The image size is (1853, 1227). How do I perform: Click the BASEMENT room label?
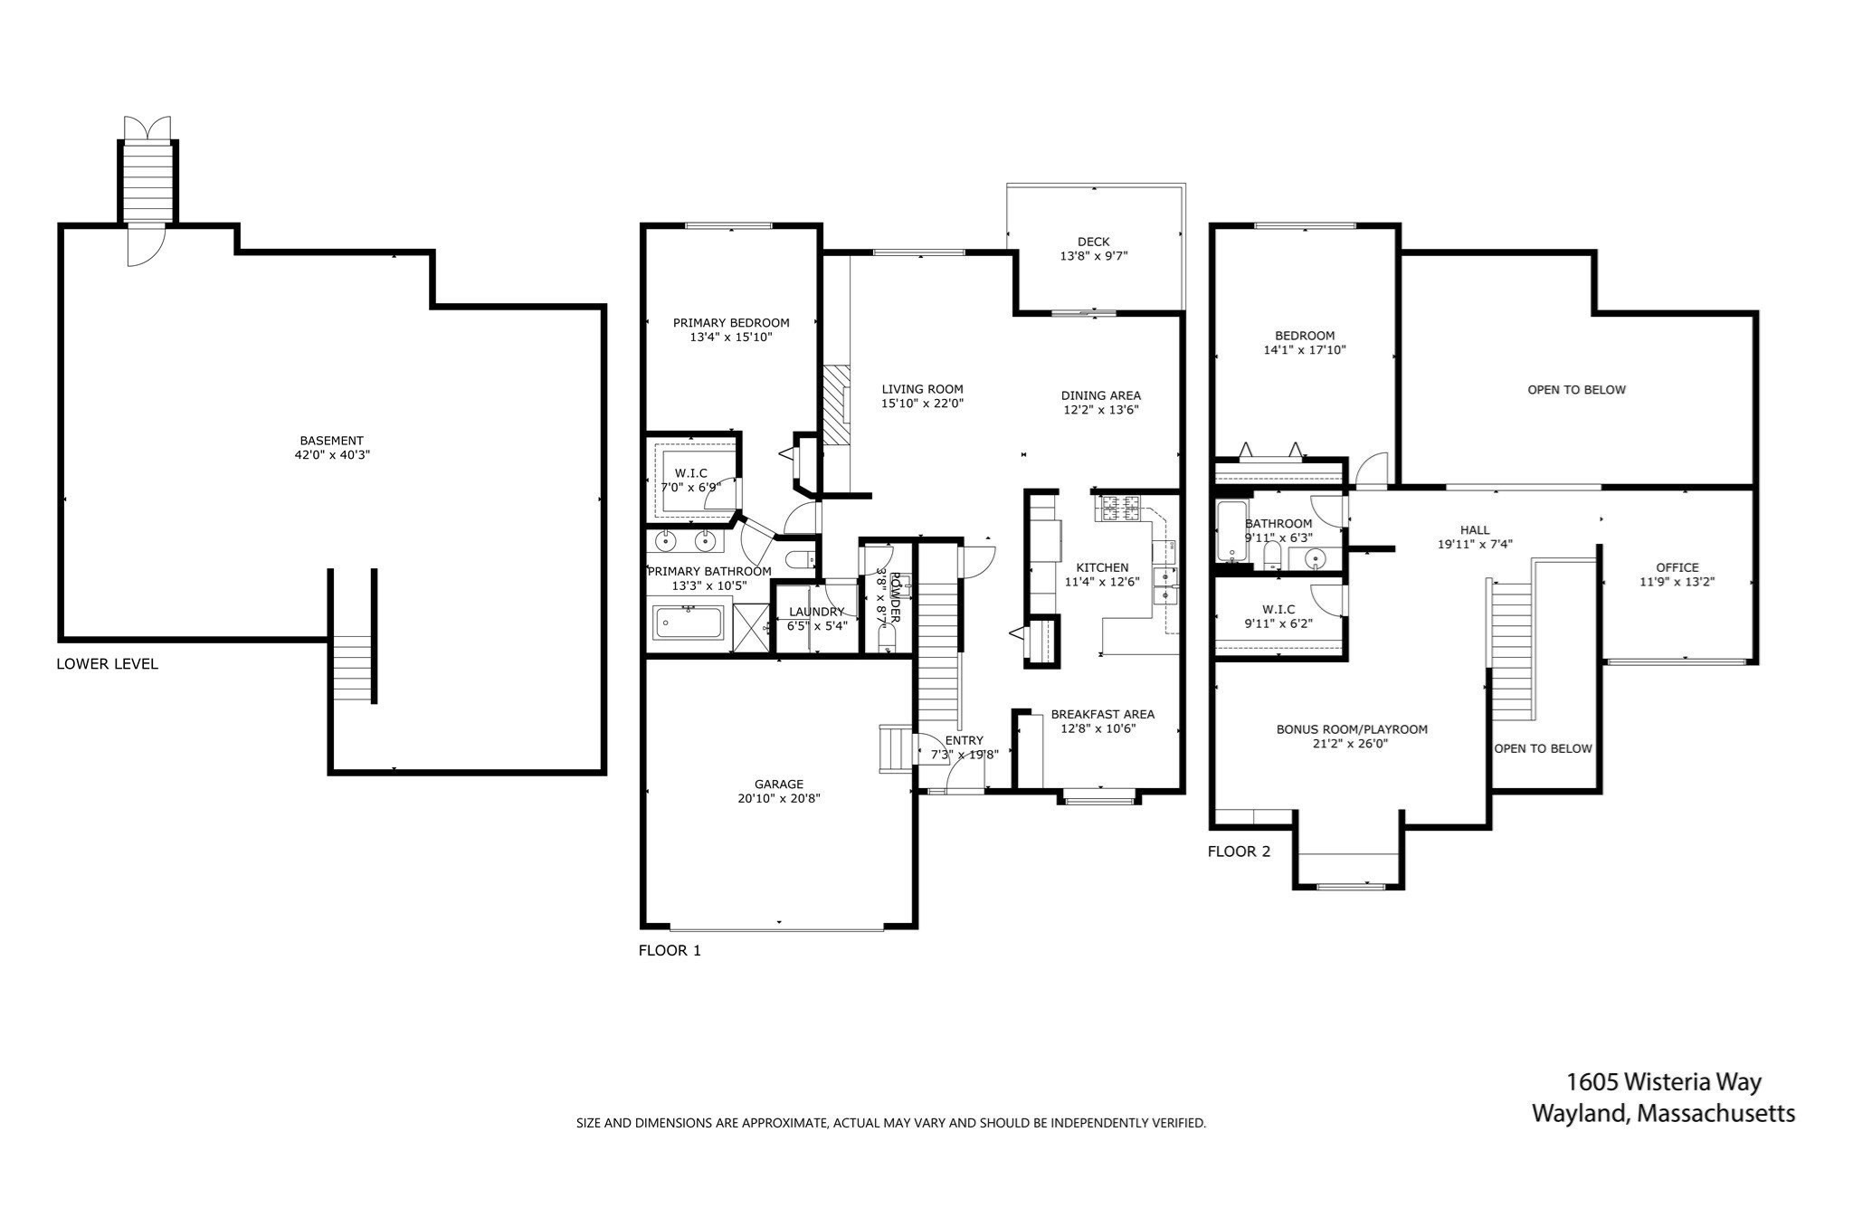(x=331, y=441)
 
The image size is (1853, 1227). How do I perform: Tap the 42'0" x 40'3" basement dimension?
(x=332, y=455)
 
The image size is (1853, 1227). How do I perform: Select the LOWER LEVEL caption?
(x=107, y=663)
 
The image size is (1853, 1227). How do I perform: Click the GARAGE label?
(x=778, y=784)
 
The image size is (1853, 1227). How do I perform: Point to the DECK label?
(x=1093, y=242)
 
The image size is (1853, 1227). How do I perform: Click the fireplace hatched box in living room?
(x=837, y=404)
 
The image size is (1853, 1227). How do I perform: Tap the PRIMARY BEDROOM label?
(x=730, y=322)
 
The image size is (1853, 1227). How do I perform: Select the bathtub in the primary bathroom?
(x=689, y=623)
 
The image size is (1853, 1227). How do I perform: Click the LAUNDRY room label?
(x=815, y=612)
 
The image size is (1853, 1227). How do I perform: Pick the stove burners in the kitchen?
(x=1119, y=509)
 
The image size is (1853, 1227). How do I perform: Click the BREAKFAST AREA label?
(x=1102, y=714)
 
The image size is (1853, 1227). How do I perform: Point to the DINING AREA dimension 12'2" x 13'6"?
(x=1100, y=409)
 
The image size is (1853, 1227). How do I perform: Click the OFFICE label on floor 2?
(x=1677, y=567)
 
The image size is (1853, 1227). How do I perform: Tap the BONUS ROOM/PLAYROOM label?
(x=1351, y=728)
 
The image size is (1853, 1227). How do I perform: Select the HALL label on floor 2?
(x=1474, y=530)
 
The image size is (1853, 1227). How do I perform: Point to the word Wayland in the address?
(x=1579, y=1113)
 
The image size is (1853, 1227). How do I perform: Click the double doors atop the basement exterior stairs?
(x=147, y=128)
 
